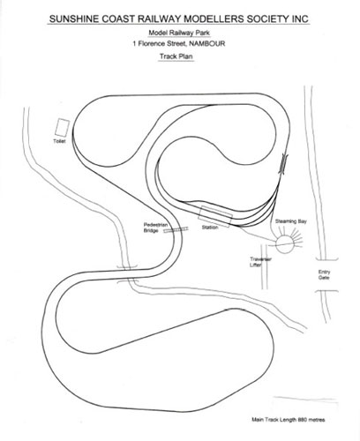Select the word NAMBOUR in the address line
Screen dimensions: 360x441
(207, 44)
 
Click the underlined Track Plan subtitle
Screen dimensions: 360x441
(176, 56)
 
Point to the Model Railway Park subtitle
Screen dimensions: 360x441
(179, 33)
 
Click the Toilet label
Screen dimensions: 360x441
(59, 141)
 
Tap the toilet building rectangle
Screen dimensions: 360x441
(62, 127)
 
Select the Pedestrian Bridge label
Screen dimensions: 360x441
(155, 228)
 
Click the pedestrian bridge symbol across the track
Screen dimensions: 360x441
(176, 230)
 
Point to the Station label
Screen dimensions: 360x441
(210, 228)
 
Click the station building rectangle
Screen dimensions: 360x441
(215, 217)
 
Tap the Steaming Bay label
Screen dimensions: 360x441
(291, 221)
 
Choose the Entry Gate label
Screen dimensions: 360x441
(324, 274)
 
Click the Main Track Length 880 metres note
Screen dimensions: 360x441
(289, 420)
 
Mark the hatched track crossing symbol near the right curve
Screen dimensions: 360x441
(283, 164)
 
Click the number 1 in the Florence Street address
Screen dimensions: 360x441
(134, 44)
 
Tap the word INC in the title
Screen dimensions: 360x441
(300, 19)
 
